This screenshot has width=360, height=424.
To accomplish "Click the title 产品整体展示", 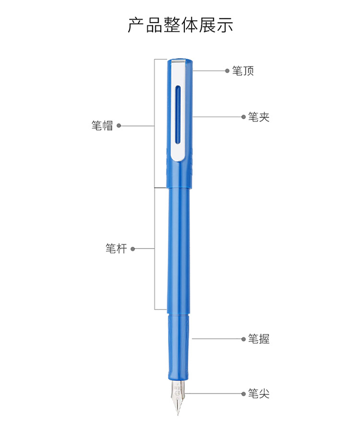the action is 180,25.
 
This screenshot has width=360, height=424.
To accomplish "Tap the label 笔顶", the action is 243,71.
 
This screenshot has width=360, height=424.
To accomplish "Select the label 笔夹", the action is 259,117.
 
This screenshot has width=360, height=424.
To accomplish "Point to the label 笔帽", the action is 102,126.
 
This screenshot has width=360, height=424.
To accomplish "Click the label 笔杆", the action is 116,249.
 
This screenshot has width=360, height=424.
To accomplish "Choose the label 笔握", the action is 259,339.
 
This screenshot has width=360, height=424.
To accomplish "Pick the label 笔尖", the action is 259,393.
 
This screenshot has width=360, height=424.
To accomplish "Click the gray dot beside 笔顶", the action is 228,71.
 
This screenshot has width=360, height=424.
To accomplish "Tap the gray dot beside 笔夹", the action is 243,117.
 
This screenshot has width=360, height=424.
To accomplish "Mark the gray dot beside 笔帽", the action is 119,126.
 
